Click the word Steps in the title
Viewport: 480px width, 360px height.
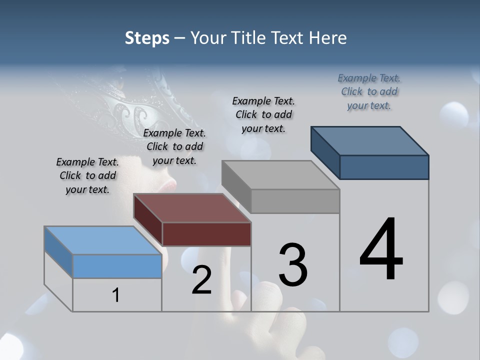pos(147,38)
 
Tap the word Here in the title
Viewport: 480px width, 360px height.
pos(328,38)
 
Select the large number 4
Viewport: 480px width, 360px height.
pos(381,249)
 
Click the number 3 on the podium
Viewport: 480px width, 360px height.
pos(293,265)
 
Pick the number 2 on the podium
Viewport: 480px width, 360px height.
pos(201,280)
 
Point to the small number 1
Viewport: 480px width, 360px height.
pos(116,295)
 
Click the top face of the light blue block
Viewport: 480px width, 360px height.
pos(103,240)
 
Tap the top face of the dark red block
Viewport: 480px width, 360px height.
pos(192,208)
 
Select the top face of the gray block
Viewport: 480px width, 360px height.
pos(280,175)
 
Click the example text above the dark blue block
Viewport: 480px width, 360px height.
pos(369,92)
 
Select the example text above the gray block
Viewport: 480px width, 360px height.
pos(263,114)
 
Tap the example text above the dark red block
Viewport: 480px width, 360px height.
pos(174,147)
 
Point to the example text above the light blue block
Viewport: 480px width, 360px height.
pos(87,176)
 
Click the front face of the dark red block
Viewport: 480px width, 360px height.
pos(206,234)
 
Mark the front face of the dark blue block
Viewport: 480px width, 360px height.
pos(384,167)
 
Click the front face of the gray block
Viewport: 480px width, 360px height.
pos(295,201)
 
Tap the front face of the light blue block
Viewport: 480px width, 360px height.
pos(117,266)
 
